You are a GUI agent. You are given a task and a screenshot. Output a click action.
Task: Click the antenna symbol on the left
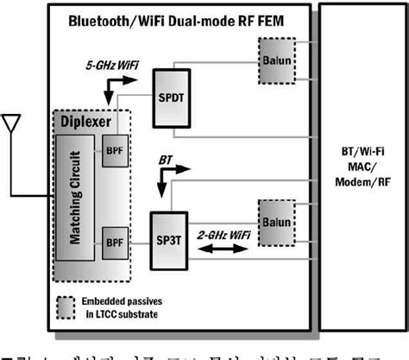(12, 125)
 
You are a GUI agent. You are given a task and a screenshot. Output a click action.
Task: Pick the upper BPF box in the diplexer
(114, 150)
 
